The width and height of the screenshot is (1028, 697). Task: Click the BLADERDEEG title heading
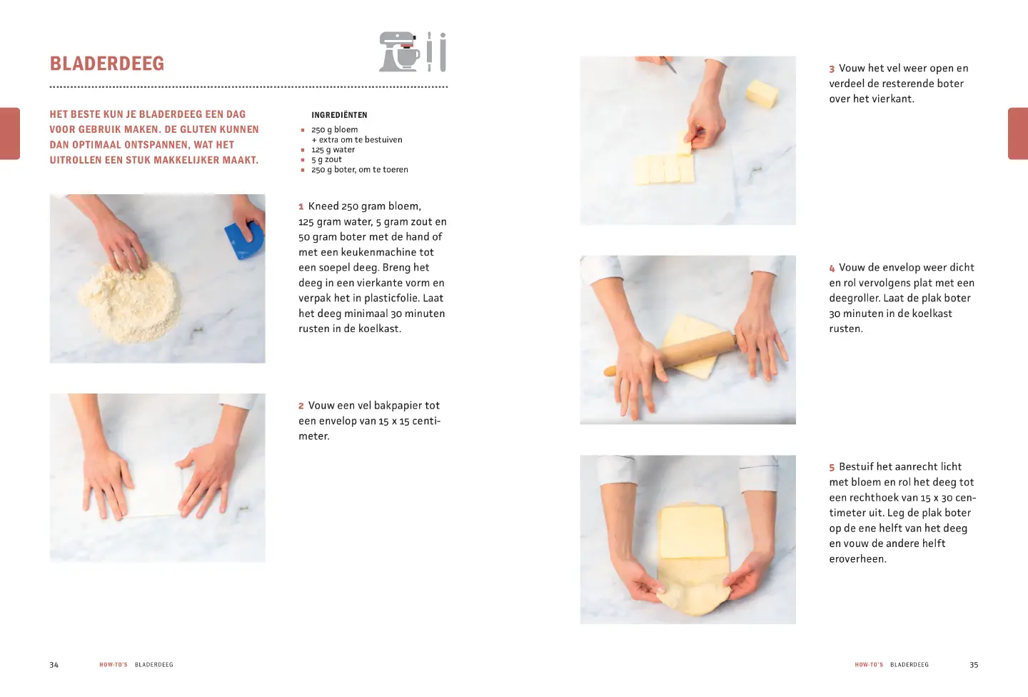pos(107,64)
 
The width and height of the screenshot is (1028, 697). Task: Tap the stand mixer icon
pos(399,51)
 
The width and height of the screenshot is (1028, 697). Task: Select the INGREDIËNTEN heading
pos(339,115)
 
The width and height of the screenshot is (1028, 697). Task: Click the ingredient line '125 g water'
pos(333,150)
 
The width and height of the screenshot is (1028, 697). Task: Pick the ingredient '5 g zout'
pos(326,160)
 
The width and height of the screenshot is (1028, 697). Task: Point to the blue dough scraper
pos(245,240)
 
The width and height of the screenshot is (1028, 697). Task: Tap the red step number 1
pos(301,207)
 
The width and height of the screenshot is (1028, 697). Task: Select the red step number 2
pos(301,406)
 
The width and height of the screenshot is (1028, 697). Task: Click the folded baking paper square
pos(153,492)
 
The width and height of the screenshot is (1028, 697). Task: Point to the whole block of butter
pos(762,94)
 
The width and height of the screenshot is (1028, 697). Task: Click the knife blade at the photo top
pos(670,65)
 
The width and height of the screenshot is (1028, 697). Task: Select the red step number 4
pos(832,268)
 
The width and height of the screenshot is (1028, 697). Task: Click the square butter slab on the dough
pos(692,532)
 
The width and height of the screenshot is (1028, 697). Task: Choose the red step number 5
pos(832,468)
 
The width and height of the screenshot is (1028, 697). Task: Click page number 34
pos(54,665)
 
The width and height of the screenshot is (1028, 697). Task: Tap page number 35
pos(974,665)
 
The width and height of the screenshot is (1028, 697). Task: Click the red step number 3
pos(832,69)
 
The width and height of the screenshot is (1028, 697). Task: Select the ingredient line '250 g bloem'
pos(335,129)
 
